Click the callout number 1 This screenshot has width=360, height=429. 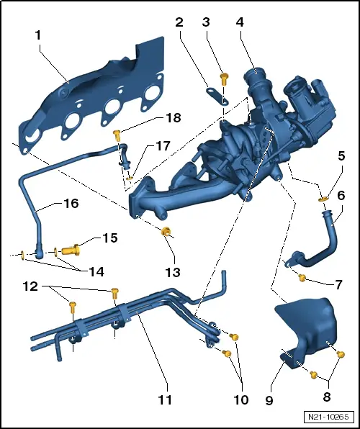tap(37, 35)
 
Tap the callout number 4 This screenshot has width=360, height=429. tap(240, 22)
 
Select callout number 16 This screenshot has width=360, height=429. tap(71, 203)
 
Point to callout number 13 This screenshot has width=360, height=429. tap(173, 272)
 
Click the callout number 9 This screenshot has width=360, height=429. tap(269, 400)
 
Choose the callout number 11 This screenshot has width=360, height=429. tap(165, 399)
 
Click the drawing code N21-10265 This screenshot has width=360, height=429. tap(328, 417)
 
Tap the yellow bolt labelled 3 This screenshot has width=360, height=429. tap(224, 79)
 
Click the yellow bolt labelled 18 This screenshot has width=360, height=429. tap(117, 135)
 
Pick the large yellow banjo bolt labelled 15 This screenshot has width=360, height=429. tap(71, 250)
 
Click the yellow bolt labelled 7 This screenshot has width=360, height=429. tap(302, 278)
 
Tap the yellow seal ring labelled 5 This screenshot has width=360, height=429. tap(323, 199)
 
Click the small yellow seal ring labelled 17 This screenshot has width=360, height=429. tap(130, 179)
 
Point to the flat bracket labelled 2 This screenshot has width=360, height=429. tap(217, 96)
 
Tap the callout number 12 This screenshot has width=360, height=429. tap(30, 286)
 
